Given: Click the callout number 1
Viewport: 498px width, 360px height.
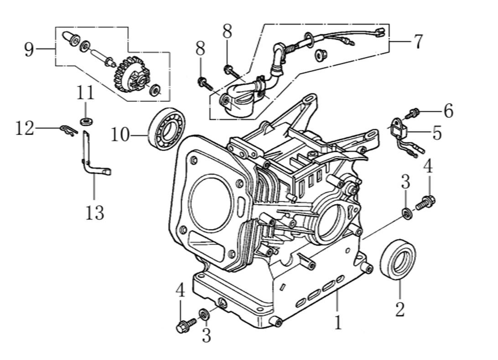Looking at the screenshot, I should [x=337, y=323].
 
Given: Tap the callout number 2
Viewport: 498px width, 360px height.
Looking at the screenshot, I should [x=399, y=309].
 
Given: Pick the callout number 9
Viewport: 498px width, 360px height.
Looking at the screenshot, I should [x=29, y=49].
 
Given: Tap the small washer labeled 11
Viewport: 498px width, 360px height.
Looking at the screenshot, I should [x=85, y=121].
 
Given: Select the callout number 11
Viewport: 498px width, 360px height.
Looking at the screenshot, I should [x=85, y=93].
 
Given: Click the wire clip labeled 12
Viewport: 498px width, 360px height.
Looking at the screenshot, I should [x=68, y=131].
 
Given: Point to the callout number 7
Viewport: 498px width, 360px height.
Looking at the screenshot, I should [x=417, y=42].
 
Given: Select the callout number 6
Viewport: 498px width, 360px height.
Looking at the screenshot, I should [x=448, y=111].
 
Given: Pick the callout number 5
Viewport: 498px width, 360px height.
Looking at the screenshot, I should [x=436, y=133].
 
